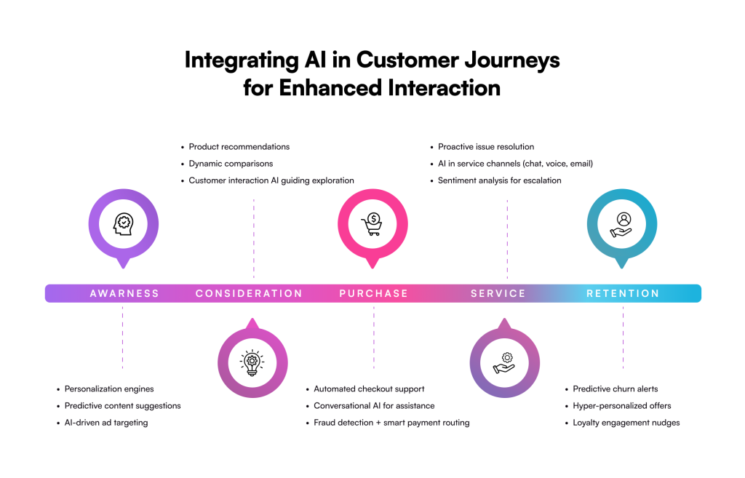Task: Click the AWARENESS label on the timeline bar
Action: pyautogui.click(x=124, y=294)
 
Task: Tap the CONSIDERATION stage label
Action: pyautogui.click(x=249, y=294)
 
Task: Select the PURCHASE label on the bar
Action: pyautogui.click(x=373, y=294)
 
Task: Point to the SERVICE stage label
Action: pyautogui.click(x=498, y=294)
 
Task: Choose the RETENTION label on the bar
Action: pyautogui.click(x=623, y=294)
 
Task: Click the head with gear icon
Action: pyautogui.click(x=124, y=224)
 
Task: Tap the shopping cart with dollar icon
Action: pyautogui.click(x=372, y=224)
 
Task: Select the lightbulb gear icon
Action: pyautogui.click(x=252, y=363)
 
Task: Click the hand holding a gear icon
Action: pyautogui.click(x=504, y=363)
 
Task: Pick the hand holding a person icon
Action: pyautogui.click(x=621, y=225)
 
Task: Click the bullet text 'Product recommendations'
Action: pyautogui.click(x=239, y=147)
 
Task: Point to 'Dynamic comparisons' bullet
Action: pyautogui.click(x=231, y=164)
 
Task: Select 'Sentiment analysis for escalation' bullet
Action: pyautogui.click(x=499, y=180)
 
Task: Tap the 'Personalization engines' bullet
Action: pyautogui.click(x=109, y=389)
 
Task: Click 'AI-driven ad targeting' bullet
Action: pyautogui.click(x=106, y=423)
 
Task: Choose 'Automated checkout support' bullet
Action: pyautogui.click(x=369, y=389)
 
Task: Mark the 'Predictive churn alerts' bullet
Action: pyautogui.click(x=615, y=389)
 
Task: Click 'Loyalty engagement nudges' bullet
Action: pyautogui.click(x=626, y=423)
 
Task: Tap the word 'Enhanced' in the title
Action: pyautogui.click(x=330, y=88)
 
